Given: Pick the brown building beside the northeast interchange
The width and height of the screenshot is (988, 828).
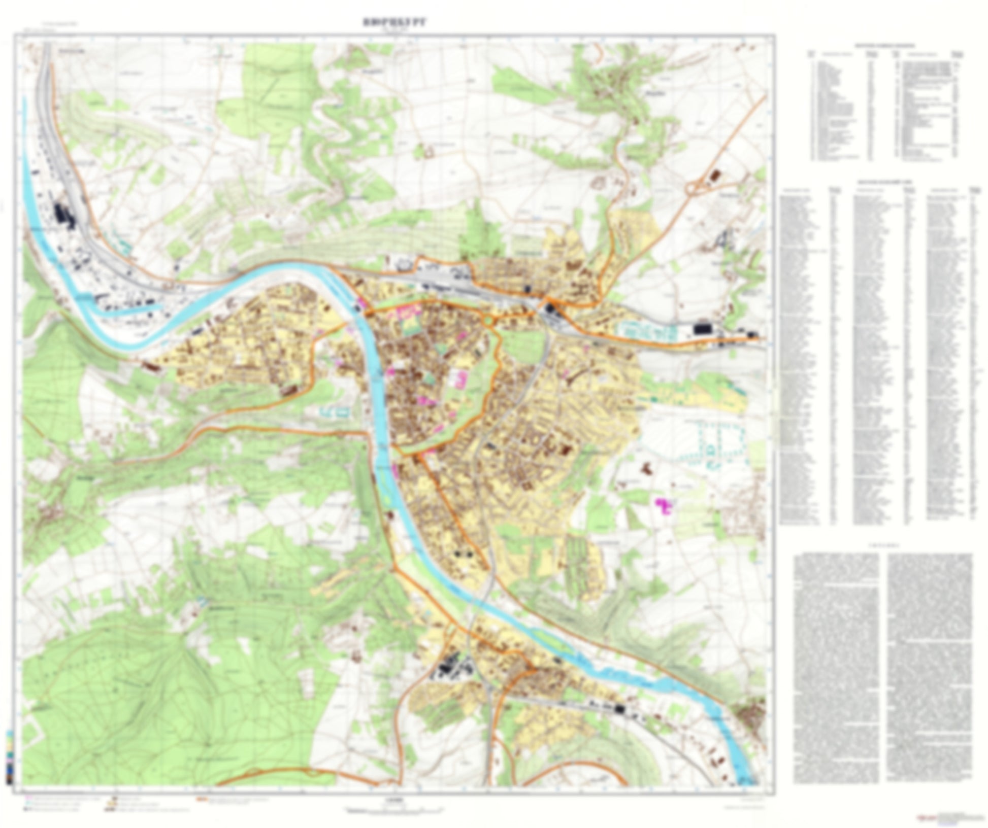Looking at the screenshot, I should pos(715,176).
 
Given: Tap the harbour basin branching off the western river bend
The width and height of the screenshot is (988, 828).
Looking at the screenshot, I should pos(129,308).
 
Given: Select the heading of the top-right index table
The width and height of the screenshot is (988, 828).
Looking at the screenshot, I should pos(883,45).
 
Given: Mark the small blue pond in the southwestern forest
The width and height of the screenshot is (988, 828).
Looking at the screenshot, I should pos(203,602).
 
